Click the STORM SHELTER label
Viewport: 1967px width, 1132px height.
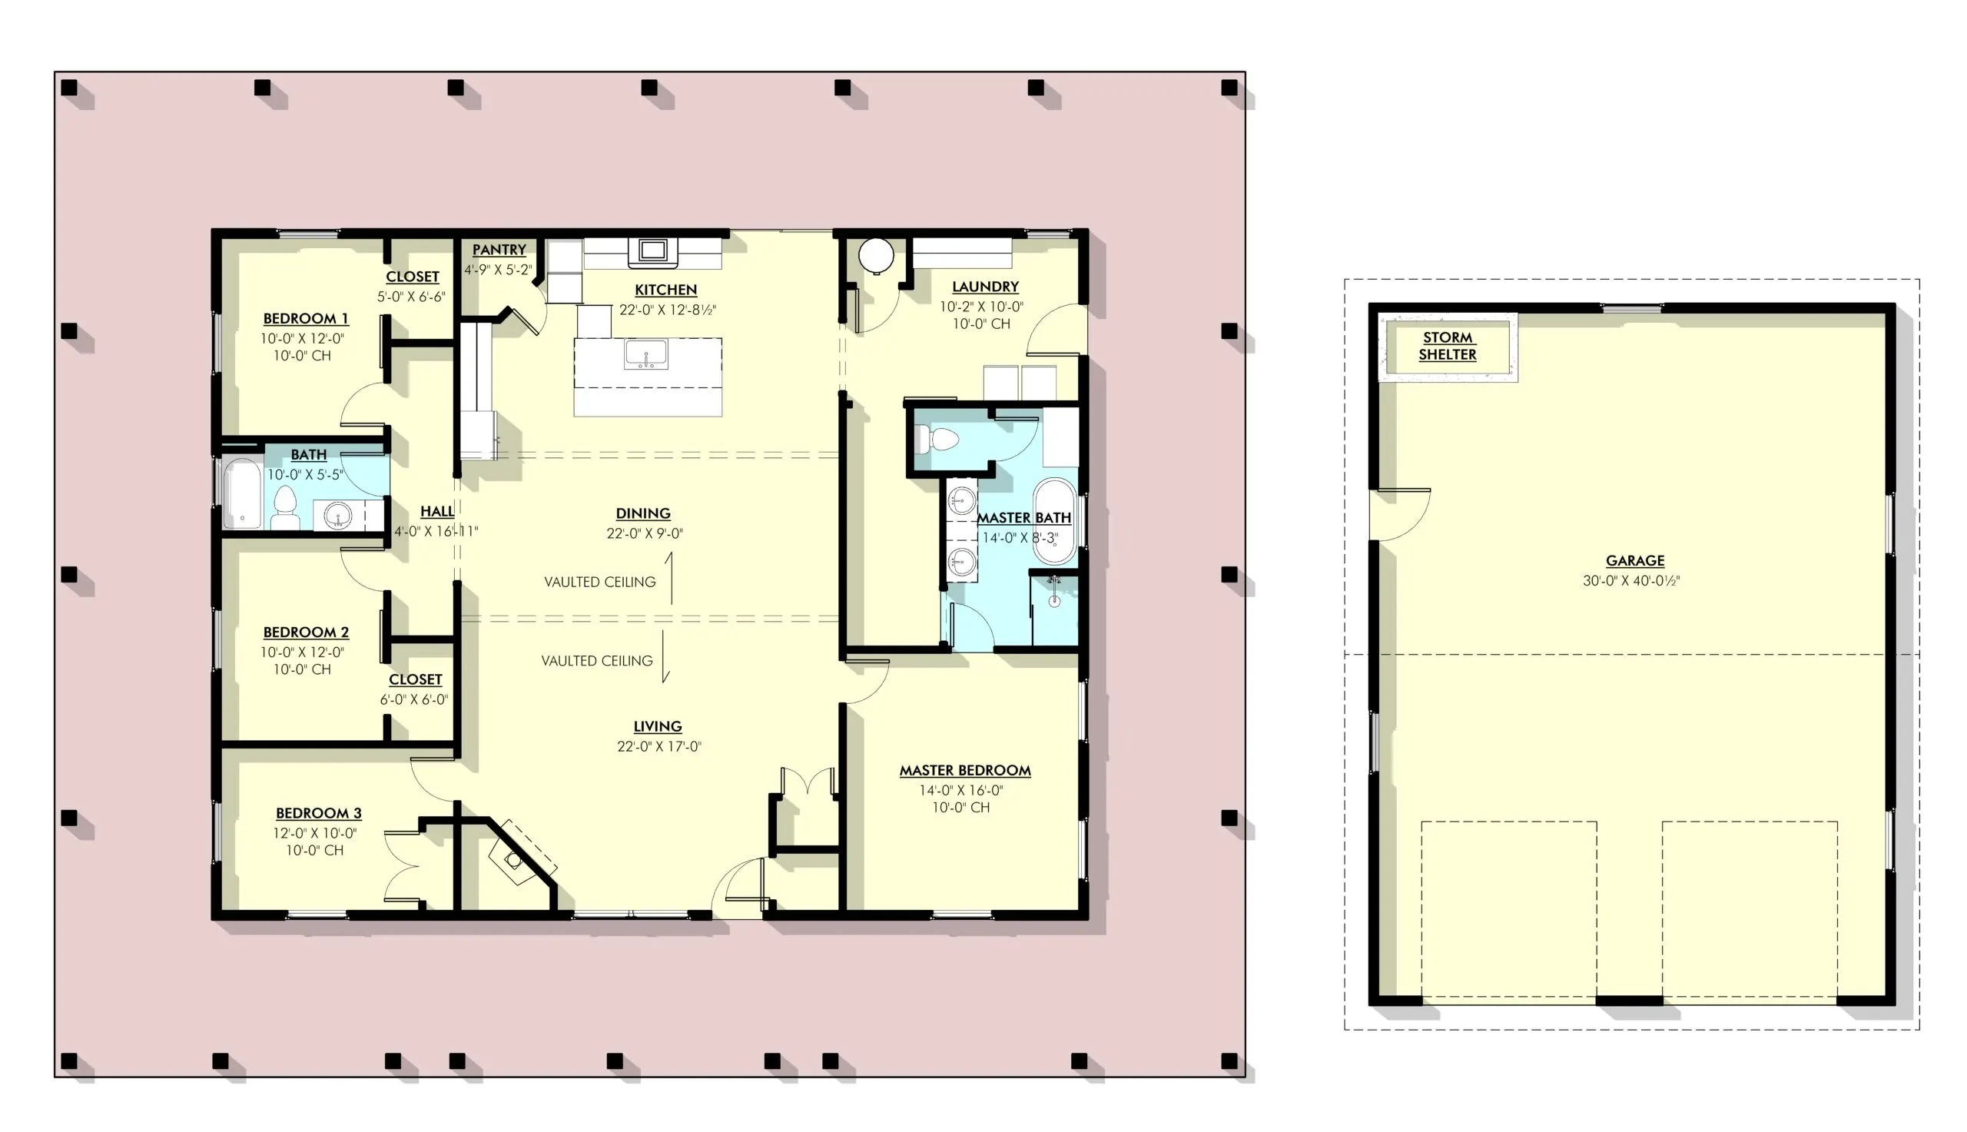(1446, 346)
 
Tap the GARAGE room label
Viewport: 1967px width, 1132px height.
(1634, 560)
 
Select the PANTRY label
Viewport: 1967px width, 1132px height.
(499, 250)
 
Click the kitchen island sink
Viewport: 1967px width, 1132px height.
(646, 354)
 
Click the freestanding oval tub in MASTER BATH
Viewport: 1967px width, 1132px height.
(1054, 521)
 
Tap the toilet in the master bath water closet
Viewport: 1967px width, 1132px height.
(940, 440)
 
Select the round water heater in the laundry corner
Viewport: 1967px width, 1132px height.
(876, 254)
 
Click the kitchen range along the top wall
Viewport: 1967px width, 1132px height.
(652, 251)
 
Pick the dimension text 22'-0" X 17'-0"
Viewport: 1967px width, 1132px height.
(659, 746)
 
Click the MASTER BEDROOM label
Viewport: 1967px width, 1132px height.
(964, 771)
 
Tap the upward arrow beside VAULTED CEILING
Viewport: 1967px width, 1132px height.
(670, 578)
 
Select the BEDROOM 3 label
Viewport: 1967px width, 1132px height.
(319, 813)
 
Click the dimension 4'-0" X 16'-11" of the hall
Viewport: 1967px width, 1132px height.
(436, 532)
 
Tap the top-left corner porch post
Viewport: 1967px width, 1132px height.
(68, 87)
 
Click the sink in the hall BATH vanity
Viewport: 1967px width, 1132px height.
(338, 515)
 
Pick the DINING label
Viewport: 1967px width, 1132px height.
(642, 513)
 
